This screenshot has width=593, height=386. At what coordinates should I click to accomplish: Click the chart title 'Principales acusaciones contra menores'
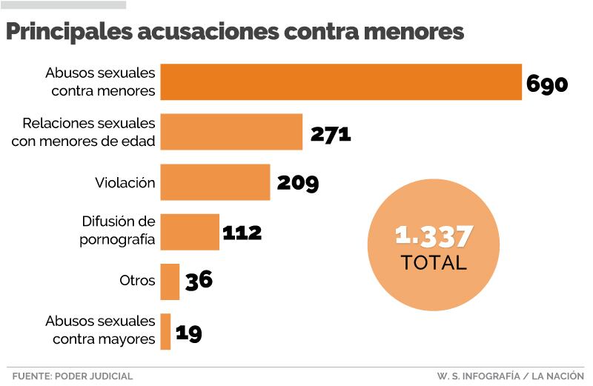click(235, 32)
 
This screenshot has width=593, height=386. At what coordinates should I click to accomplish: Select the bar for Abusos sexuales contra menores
click(341, 82)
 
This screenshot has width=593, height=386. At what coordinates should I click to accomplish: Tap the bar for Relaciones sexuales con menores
click(231, 132)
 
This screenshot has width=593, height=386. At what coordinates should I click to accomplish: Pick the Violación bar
click(215, 182)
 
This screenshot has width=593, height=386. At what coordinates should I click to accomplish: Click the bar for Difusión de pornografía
click(190, 232)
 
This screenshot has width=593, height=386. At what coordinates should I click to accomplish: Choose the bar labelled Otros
click(170, 282)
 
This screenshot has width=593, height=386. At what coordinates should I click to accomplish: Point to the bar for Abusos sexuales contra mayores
click(165, 331)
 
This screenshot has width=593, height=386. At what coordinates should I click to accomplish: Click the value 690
click(547, 83)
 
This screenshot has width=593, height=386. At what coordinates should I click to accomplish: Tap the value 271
click(330, 133)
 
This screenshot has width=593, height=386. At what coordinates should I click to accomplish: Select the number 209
click(297, 183)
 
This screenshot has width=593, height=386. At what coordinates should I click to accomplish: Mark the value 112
click(242, 233)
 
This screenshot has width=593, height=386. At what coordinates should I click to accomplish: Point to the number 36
click(199, 281)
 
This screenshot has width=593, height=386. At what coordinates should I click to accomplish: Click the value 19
click(188, 332)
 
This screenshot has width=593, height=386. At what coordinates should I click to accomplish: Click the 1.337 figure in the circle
click(434, 236)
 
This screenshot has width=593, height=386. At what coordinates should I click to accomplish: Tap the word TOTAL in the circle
click(434, 262)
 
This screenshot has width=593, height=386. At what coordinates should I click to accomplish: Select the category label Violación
click(125, 183)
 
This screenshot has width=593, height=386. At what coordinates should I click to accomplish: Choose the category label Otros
click(137, 282)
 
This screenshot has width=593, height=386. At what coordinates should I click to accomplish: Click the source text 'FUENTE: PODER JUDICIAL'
click(72, 376)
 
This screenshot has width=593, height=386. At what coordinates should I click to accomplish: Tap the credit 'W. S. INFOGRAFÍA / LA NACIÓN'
click(511, 376)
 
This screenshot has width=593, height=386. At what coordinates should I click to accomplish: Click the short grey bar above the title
click(64, 4)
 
